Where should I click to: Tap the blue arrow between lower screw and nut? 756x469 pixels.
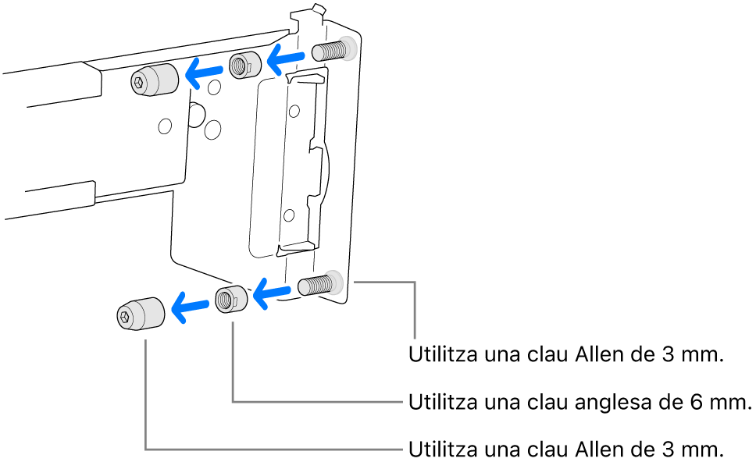[x=272, y=293]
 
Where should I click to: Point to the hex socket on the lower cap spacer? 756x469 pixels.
[x=125, y=316]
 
